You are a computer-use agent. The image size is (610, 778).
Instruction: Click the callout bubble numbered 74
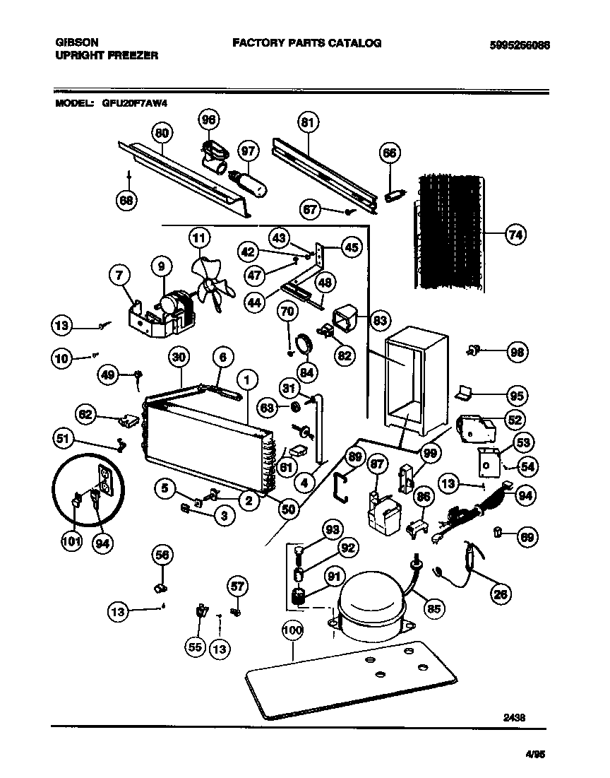pos(516,235)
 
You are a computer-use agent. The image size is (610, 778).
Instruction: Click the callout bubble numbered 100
pos(292,630)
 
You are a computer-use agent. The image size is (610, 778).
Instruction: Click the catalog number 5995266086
pos(519,45)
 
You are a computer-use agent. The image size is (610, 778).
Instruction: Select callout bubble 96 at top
pos(208,119)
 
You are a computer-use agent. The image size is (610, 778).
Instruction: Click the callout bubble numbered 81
pos(306,123)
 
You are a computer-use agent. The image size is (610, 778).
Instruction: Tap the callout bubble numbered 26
pos(501,594)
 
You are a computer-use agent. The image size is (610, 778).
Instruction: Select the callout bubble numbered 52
pos(515,420)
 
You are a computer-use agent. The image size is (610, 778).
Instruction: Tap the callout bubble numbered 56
pos(162,555)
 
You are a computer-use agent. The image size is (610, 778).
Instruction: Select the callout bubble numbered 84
pos(307,371)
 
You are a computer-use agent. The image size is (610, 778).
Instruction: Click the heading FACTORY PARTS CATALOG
pos(307,43)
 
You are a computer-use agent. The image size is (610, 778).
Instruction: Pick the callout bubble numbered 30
pos(180,358)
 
